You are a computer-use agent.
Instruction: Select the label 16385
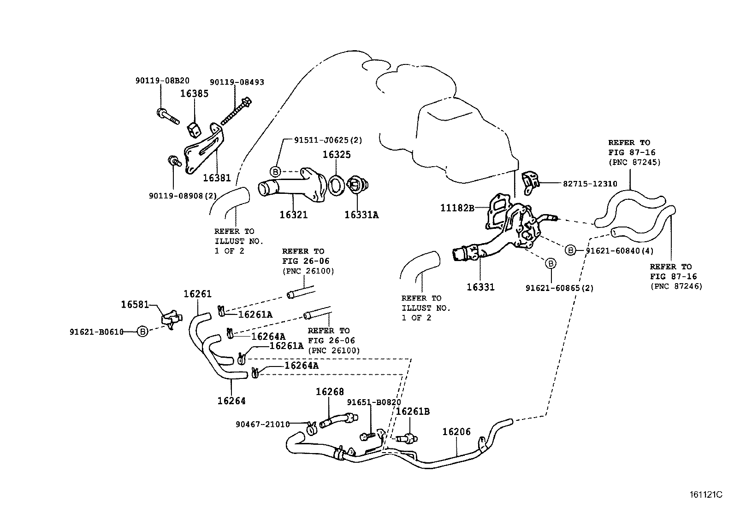[x=194, y=93]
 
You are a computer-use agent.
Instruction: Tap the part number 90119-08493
[x=237, y=82]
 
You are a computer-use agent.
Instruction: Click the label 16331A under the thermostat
[x=361, y=215]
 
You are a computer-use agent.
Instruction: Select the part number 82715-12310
[x=590, y=183]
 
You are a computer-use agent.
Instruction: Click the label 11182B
[x=457, y=208]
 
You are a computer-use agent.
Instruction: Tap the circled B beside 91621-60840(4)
[x=571, y=250]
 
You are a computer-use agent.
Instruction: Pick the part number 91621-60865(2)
[x=559, y=288]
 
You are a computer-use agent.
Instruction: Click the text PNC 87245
[x=634, y=162]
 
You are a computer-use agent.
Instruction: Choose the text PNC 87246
[x=676, y=286]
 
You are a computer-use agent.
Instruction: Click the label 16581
[x=135, y=304]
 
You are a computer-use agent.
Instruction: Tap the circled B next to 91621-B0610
[x=143, y=332]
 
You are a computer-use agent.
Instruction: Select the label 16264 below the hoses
[x=231, y=401]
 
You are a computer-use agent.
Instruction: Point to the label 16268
[x=330, y=392]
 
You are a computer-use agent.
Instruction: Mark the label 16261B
[x=413, y=412]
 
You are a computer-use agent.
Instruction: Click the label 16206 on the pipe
[x=456, y=432]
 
